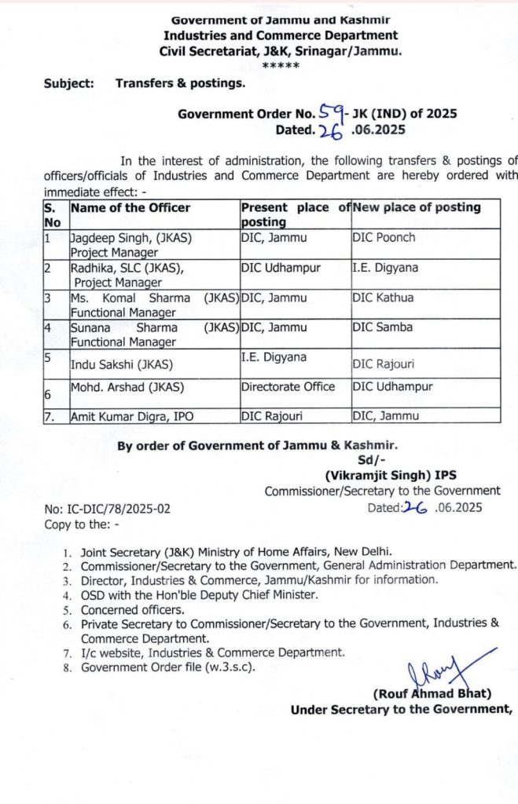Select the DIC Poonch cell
click(384, 238)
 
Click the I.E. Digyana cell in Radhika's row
click(385, 268)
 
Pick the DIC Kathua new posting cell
click(383, 298)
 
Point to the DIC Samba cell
click(383, 327)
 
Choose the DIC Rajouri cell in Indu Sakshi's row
click(384, 363)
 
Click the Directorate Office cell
click(288, 387)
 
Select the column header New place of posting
click(416, 208)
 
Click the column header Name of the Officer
click(130, 208)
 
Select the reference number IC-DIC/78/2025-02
click(107, 508)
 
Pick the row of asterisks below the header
click(281, 65)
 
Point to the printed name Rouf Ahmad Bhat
click(432, 694)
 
